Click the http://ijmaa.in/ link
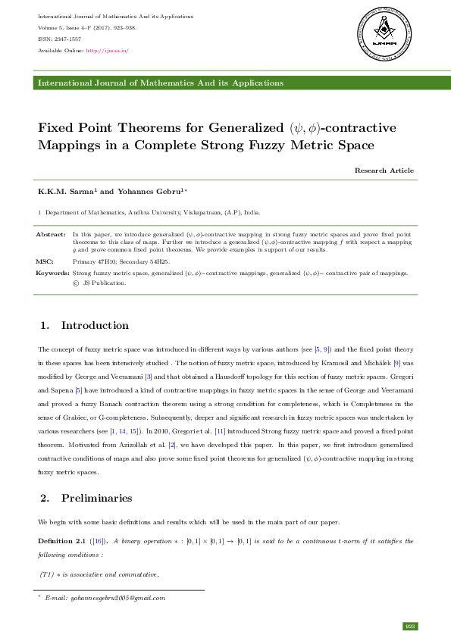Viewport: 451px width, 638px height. pos(108,51)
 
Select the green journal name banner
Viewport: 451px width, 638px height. pos(225,83)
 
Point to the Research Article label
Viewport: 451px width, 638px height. pos(384,170)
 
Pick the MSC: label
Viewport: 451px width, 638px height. pos(45,261)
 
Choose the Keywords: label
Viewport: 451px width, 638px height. pos(52,272)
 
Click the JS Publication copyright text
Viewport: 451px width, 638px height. pos(99,283)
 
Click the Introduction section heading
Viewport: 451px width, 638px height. pos(95,326)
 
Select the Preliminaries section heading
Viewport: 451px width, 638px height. pos(96,499)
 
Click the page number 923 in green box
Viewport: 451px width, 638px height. pos(411,626)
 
